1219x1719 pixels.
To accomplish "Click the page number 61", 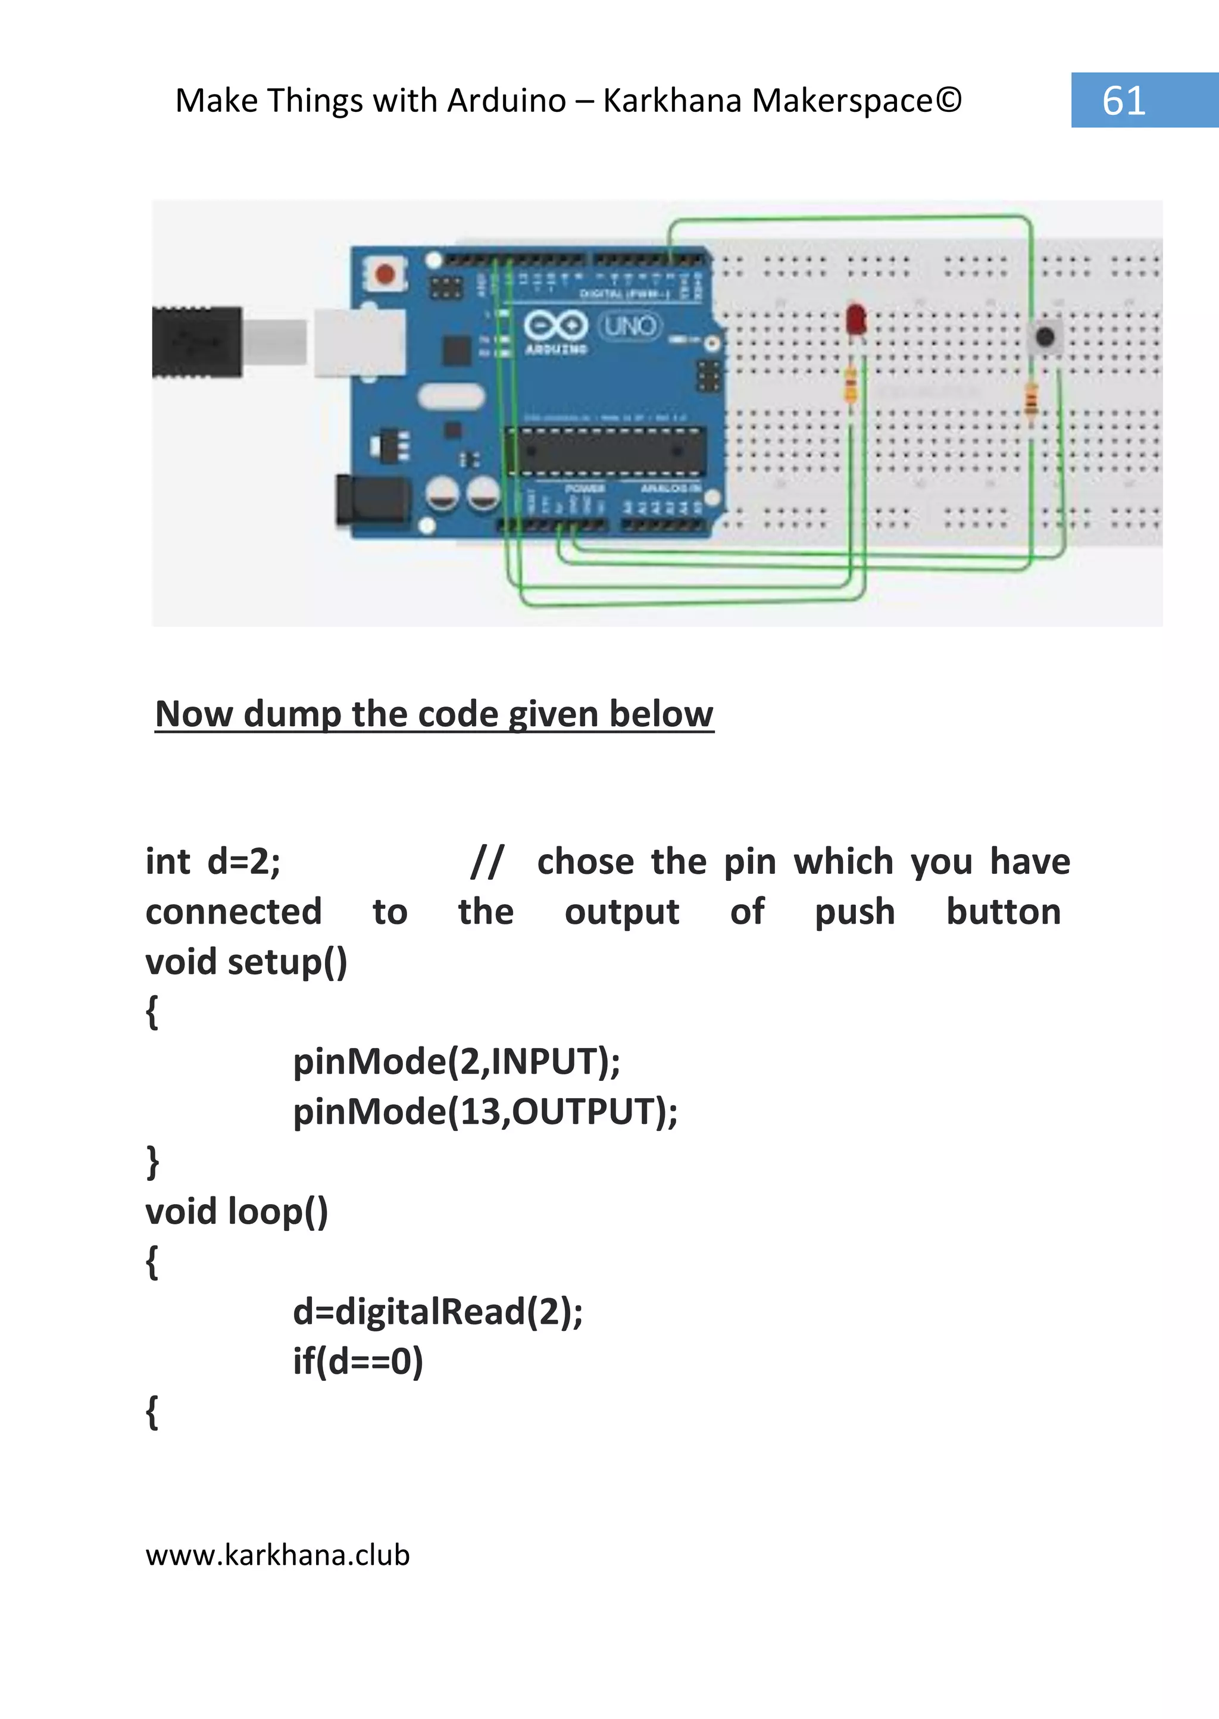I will [x=1124, y=101].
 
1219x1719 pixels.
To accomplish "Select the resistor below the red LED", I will [x=851, y=386].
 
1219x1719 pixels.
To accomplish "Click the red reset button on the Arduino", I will [x=385, y=274].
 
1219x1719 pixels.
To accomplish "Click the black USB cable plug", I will [x=196, y=342].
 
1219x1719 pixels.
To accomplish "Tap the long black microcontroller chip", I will [x=605, y=451].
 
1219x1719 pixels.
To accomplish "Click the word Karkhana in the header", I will [x=672, y=101].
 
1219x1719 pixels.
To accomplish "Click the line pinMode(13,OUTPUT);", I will [x=485, y=1112].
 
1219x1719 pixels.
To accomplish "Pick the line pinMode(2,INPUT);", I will [x=457, y=1061].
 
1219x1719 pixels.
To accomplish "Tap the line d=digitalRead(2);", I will [x=437, y=1311].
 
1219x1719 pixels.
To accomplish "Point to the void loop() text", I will [x=236, y=1211].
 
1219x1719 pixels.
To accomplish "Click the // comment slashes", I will [x=487, y=862].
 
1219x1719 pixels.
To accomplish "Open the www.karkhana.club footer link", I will [x=278, y=1555].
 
